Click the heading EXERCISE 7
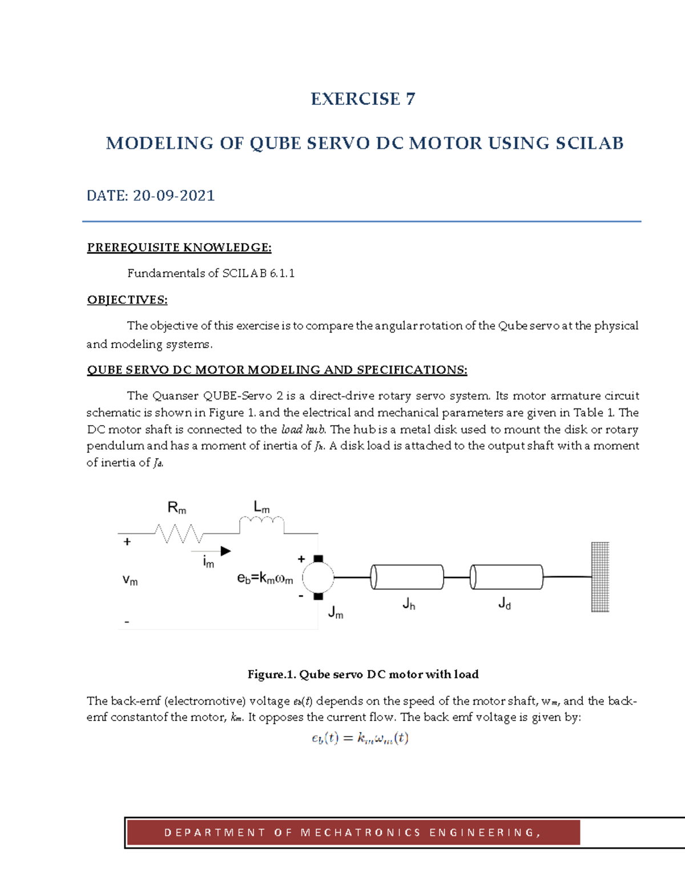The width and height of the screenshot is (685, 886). pos(362,99)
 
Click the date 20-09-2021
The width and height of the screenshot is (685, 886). pos(174,196)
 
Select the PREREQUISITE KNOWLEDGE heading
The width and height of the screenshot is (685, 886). pos(179,248)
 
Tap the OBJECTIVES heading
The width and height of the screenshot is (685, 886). pos(127,300)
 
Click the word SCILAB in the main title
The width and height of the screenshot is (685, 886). pos(590,143)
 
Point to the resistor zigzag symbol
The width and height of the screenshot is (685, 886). pos(179,533)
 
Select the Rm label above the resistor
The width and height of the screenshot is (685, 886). pos(176,507)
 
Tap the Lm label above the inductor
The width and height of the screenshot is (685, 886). pos(261,507)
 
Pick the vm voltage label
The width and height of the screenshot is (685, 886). pos(130,580)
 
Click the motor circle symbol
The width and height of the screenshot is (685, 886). pos(318,577)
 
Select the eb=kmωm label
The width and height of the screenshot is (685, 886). pos(265,578)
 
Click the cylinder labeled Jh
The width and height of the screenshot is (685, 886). pos(407,577)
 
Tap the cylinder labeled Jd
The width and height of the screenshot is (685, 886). pos(506,577)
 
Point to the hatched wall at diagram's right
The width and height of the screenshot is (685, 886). pos(600,577)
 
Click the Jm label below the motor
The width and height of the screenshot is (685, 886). pos(336,613)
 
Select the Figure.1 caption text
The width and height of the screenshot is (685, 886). pos(363,674)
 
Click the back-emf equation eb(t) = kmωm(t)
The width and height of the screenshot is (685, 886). pos(360,738)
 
